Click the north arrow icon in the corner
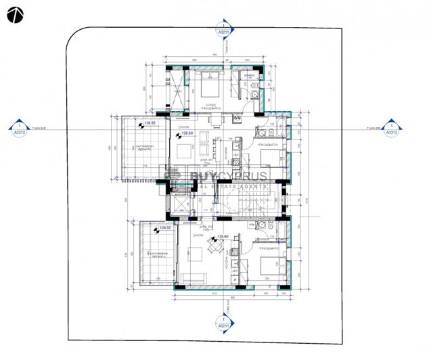[x=15, y=14]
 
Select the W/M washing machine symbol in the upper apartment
[x=237, y=118]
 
